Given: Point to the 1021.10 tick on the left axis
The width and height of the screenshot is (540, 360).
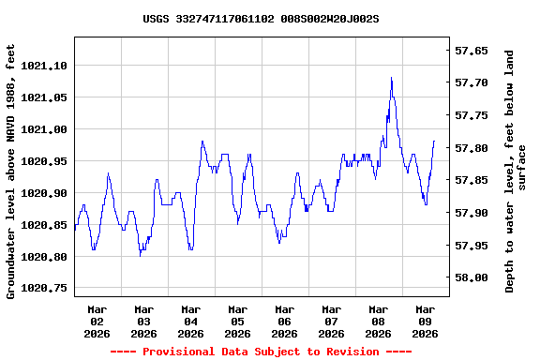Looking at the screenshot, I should [43, 66].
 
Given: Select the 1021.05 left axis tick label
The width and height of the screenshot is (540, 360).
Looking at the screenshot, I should [43, 97].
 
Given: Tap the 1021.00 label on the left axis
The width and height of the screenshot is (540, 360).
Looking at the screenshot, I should [43, 129].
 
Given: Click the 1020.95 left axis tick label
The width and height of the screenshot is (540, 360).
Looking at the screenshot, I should [43, 161].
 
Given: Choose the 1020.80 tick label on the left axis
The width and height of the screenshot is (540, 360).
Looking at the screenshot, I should [43, 257].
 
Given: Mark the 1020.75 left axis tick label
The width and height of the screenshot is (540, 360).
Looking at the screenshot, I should [43, 289].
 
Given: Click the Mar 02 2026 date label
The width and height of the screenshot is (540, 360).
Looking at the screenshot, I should [97, 321].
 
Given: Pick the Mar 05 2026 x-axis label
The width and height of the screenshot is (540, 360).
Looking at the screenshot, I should [237, 321].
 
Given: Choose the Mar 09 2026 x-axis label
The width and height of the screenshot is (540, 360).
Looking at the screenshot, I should [425, 321].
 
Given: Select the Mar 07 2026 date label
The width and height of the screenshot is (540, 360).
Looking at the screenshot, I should [331, 321].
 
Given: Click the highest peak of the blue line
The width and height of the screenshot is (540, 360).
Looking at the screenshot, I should [391, 78].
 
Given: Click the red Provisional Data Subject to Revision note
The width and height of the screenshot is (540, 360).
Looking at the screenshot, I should [261, 352].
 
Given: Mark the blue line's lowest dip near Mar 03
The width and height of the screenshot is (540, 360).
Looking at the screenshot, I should [140, 254].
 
